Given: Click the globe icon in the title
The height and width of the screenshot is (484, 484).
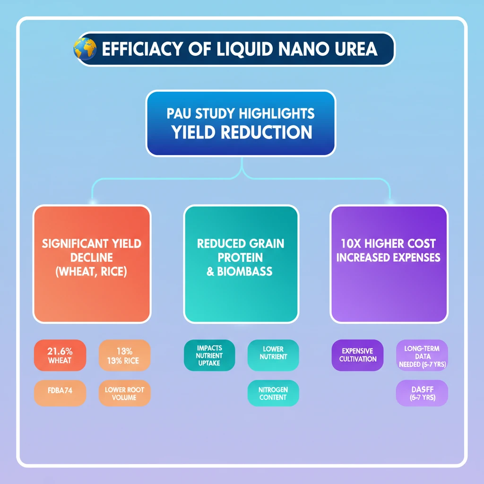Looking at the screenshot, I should [85, 49].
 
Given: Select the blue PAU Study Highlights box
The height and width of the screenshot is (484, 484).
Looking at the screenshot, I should [241, 123].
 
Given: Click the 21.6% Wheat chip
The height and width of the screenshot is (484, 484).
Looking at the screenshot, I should [60, 355].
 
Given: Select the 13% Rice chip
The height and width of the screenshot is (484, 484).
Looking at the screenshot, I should [124, 355].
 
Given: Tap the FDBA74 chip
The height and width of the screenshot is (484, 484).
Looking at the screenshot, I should [60, 393].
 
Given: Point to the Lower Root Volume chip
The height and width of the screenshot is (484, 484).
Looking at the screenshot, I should [124, 393].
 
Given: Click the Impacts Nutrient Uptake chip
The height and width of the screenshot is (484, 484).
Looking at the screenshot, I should [209, 355].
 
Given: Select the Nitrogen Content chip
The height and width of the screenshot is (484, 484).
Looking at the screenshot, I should [273, 393].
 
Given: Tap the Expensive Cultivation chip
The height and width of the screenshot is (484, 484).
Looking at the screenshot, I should [357, 355].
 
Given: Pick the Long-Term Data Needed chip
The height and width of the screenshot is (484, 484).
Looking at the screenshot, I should [422, 355].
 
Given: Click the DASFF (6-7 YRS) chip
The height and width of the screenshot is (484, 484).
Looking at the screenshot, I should [422, 393].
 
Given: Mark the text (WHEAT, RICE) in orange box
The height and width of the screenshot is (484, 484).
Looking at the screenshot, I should [92, 273].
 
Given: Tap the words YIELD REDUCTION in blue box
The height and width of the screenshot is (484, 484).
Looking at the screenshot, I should [242, 132].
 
